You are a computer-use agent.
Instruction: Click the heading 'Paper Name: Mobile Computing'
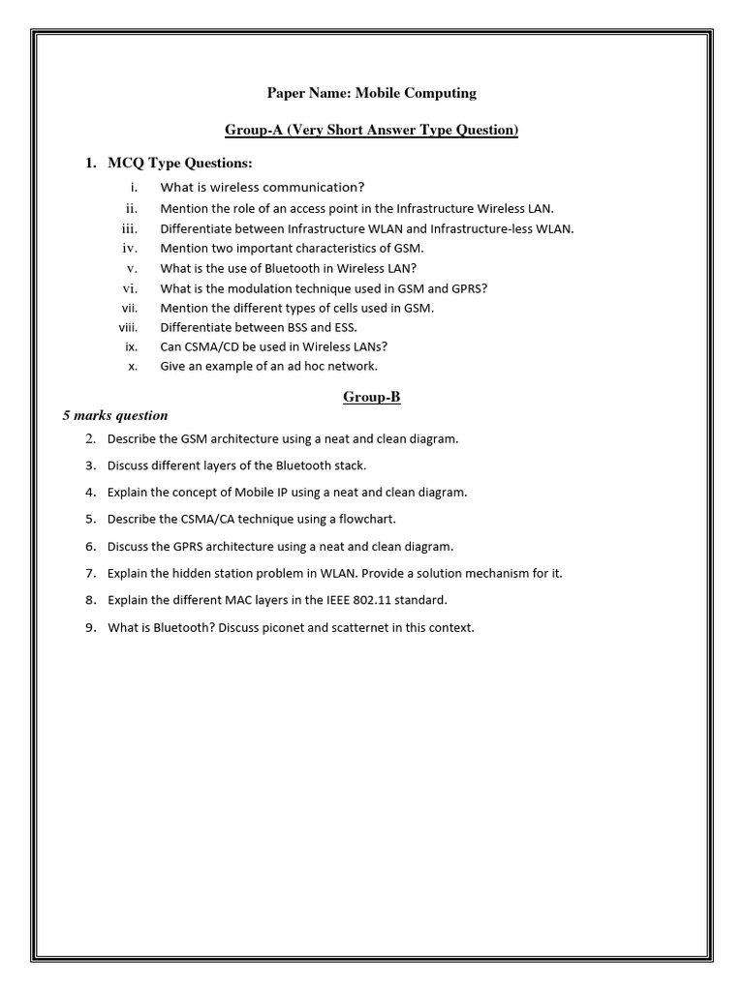tap(372, 93)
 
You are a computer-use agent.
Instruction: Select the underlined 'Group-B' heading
tap(372, 397)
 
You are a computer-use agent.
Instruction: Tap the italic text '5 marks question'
tap(115, 415)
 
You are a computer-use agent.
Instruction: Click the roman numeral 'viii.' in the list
tap(129, 327)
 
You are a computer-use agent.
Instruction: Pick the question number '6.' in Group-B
tap(91, 546)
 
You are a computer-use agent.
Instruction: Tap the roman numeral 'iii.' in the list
tap(130, 229)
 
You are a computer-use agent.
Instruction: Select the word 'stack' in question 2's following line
tap(348, 465)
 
